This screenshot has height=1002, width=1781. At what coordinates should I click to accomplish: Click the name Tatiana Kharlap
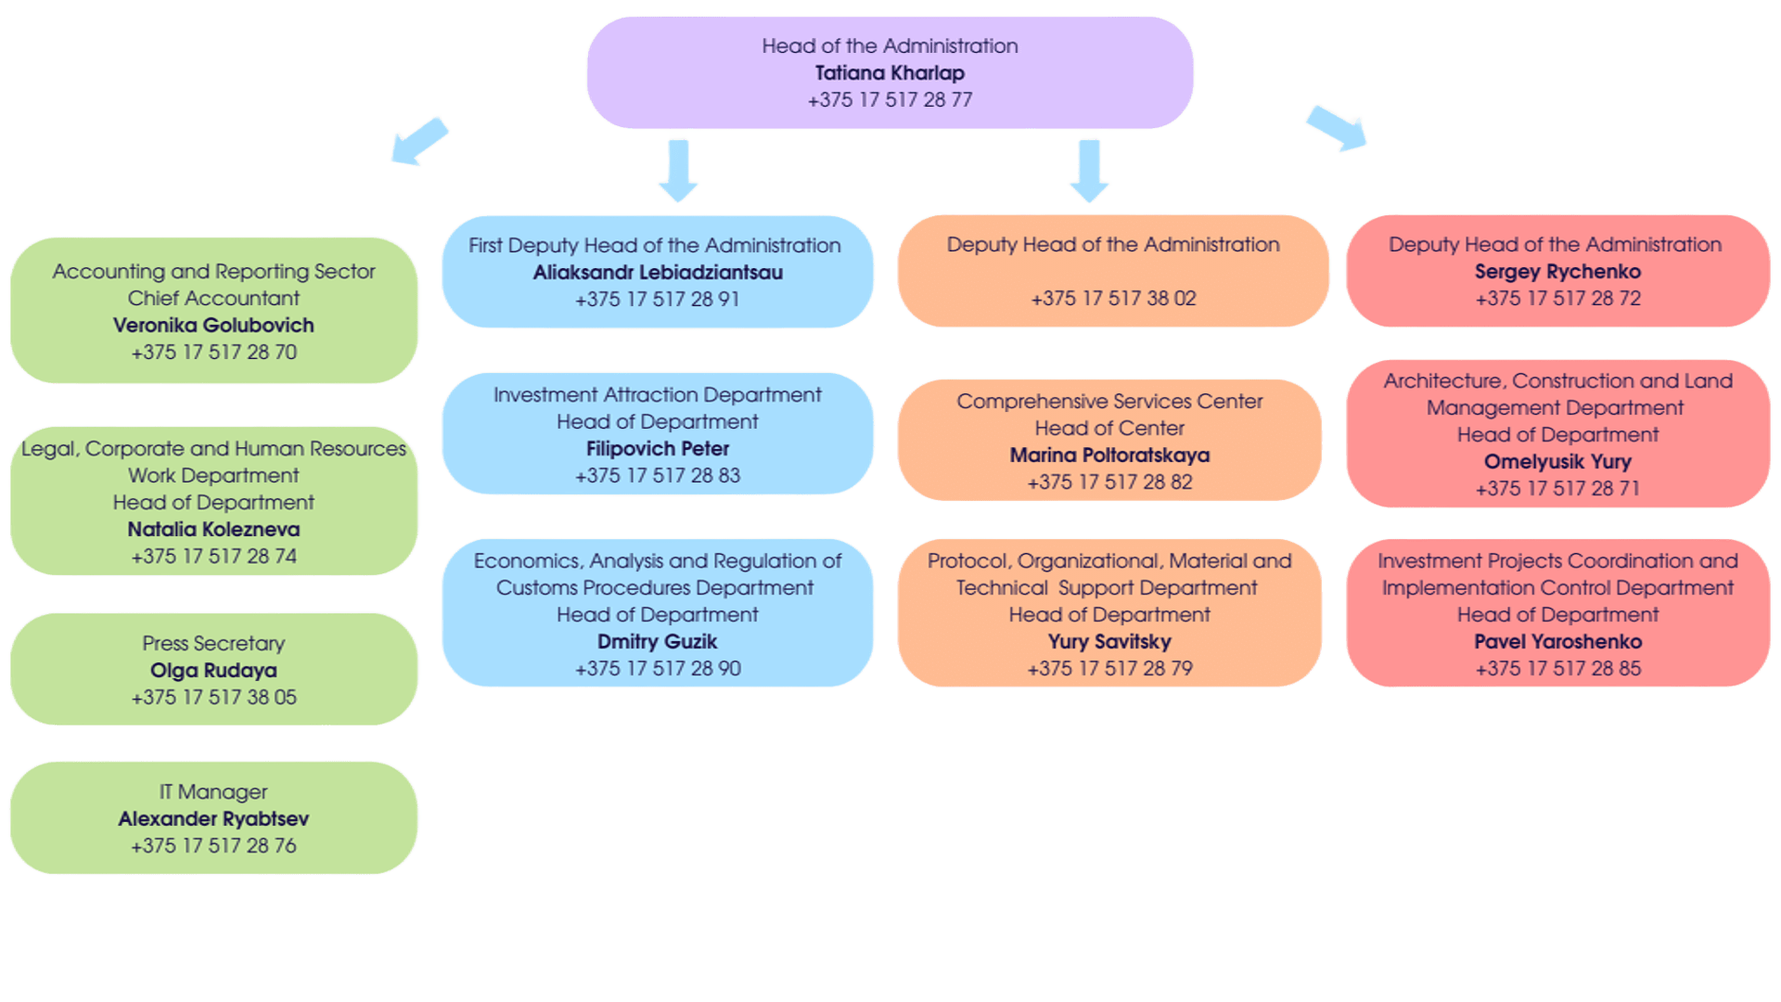click(x=890, y=72)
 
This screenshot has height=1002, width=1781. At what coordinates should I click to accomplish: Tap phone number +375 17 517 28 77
click(x=890, y=99)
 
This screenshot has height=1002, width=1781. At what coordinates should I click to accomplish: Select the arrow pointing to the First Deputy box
click(x=677, y=170)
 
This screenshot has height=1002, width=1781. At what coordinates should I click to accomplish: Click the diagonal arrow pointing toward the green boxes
click(x=418, y=141)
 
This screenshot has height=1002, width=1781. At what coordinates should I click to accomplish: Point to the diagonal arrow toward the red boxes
click(x=1336, y=128)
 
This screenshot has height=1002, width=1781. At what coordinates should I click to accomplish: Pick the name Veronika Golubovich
click(x=213, y=325)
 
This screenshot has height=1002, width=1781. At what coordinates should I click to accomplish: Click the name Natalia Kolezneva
click(x=213, y=529)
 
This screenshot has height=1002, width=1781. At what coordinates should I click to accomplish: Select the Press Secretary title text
click(x=213, y=643)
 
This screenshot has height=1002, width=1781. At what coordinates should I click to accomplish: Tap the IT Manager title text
click(x=213, y=791)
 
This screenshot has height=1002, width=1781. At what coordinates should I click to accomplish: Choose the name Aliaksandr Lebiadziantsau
click(x=658, y=272)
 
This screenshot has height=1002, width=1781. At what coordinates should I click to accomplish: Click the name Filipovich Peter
click(x=658, y=448)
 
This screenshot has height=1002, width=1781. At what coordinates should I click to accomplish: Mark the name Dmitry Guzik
click(x=658, y=641)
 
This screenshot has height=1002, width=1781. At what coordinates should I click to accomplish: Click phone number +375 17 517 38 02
click(x=1113, y=298)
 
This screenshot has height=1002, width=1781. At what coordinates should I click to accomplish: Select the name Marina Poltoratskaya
click(x=1109, y=455)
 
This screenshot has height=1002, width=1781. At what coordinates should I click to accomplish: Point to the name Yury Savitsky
click(x=1109, y=641)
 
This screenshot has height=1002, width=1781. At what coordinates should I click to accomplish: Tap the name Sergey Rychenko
click(x=1557, y=271)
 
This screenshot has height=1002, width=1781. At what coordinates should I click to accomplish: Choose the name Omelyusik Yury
click(x=1557, y=461)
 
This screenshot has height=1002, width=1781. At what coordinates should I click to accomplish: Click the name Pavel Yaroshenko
click(x=1557, y=641)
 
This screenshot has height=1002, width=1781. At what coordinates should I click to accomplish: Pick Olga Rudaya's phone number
click(x=213, y=697)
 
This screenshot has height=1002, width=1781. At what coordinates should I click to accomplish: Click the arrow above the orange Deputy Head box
click(x=1089, y=170)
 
